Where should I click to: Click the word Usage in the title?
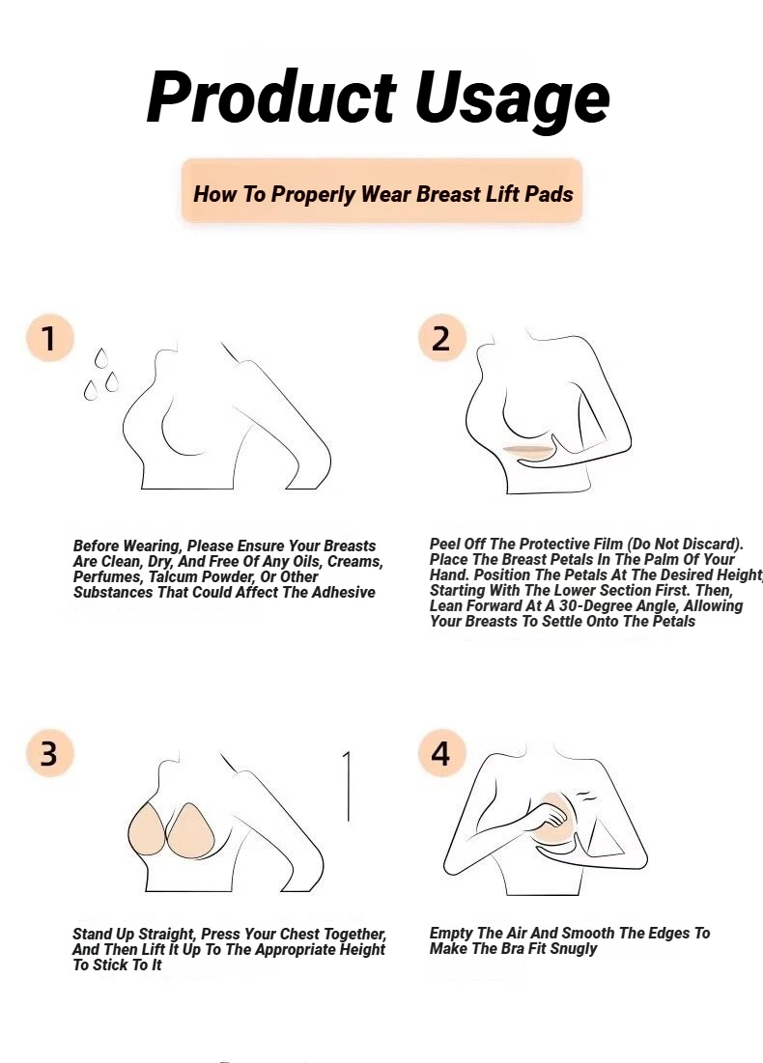tap(512, 101)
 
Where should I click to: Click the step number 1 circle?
tap(49, 338)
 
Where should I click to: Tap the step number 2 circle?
tap(441, 338)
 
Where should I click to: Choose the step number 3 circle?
tap(49, 753)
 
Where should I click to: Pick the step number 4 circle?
tap(441, 753)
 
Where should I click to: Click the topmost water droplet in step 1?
tap(101, 358)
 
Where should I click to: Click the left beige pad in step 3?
tap(147, 829)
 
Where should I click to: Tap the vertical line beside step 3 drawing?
tap(348, 787)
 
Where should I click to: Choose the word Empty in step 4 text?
tap(450, 934)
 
